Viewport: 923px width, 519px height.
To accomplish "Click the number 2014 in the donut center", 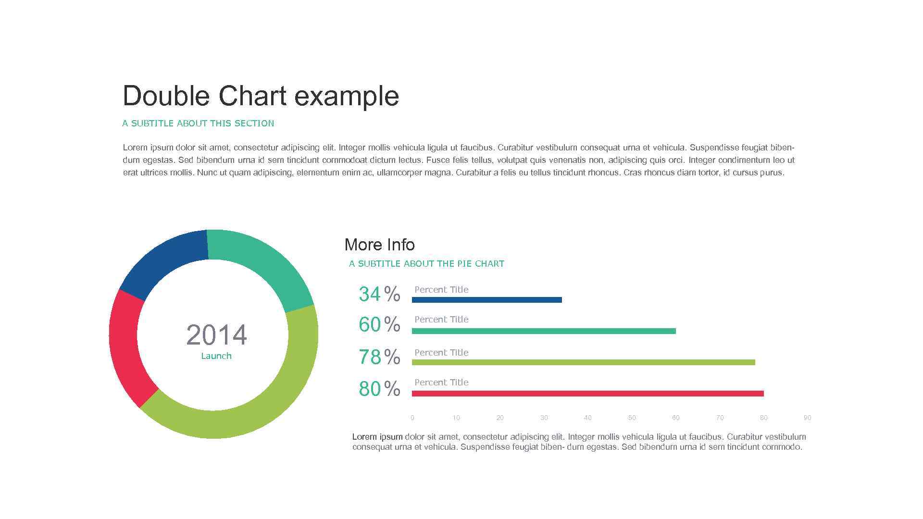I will [216, 335].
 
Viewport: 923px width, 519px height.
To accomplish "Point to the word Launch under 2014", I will [216, 356].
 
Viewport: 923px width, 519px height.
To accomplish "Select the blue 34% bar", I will [486, 300].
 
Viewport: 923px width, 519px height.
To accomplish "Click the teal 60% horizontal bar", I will [543, 331].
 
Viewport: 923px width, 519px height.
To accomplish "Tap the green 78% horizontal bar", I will [583, 362].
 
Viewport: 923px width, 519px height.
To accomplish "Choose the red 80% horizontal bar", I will [587, 394].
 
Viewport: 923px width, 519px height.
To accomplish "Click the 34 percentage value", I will [370, 294].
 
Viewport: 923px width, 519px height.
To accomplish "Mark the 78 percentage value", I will [370, 357].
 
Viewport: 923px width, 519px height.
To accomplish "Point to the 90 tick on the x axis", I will [807, 418].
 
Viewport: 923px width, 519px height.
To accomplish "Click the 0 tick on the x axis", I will [412, 418].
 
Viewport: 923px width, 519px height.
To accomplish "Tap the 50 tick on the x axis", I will [632, 418].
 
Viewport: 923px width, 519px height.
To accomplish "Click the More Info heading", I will [379, 245].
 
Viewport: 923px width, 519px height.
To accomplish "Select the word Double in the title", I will [166, 96].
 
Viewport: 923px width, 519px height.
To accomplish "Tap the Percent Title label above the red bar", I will [441, 383].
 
